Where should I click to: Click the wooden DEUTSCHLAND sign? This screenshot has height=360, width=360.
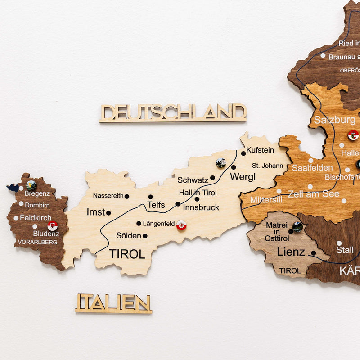click(x=173, y=112)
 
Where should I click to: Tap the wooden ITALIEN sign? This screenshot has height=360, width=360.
click(x=113, y=303)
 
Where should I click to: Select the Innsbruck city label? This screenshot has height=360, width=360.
click(x=201, y=207)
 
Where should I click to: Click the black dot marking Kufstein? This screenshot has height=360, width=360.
click(x=243, y=153)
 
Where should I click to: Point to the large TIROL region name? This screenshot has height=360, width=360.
click(x=127, y=254)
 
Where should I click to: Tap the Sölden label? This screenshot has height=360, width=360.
click(x=128, y=236)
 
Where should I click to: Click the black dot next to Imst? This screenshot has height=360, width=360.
click(x=108, y=213)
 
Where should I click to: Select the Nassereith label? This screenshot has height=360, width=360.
click(x=108, y=196)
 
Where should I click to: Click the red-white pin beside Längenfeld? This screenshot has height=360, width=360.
click(x=181, y=225)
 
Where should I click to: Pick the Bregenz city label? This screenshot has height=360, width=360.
click(x=37, y=194)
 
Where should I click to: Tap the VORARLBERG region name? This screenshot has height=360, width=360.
click(x=37, y=242)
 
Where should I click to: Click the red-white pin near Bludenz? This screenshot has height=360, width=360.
click(x=53, y=226)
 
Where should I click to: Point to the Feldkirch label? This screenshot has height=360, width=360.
click(x=36, y=217)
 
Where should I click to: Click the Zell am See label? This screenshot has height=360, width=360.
click(x=314, y=194)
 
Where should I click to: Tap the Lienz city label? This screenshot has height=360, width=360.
click(x=291, y=252)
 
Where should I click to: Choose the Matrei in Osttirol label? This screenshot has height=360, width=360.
click(x=277, y=231)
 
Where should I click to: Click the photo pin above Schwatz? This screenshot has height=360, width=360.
click(x=220, y=163)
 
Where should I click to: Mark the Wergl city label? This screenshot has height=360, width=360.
click(x=243, y=177)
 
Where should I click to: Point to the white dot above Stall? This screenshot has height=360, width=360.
click(x=339, y=243)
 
